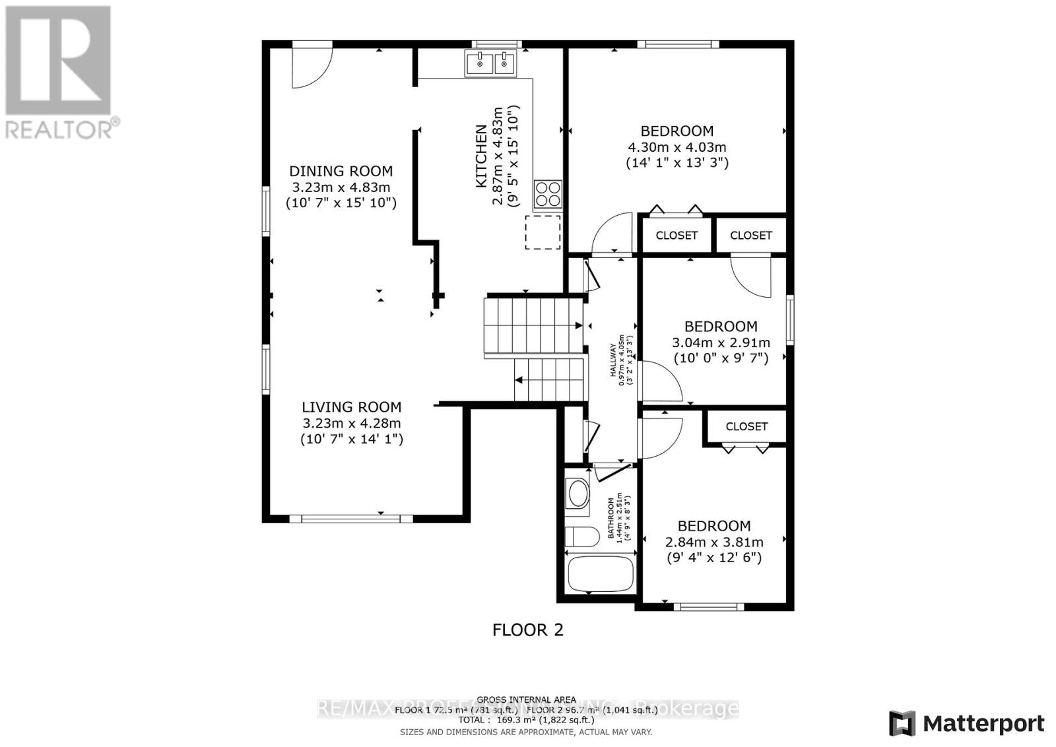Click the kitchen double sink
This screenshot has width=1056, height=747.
pyautogui.click(x=492, y=64)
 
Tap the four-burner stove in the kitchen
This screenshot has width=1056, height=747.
pyautogui.click(x=548, y=194)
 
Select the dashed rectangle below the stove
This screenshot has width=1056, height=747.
pyautogui.click(x=543, y=232)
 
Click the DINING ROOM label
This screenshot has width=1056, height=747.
pyautogui.click(x=341, y=172)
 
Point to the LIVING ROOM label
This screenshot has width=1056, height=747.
pyautogui.click(x=351, y=408)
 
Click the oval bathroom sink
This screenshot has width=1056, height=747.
pyautogui.click(x=579, y=494)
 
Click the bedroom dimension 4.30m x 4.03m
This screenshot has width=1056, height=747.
pyautogui.click(x=676, y=147)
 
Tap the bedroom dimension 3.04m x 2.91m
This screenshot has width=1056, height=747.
pyautogui.click(x=721, y=342)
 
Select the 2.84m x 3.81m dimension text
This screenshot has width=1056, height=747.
pyautogui.click(x=714, y=542)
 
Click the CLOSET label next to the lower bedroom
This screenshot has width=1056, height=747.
pyautogui.click(x=746, y=426)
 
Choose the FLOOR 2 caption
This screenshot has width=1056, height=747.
pyautogui.click(x=528, y=630)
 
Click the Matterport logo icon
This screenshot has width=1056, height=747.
pyautogui.click(x=902, y=723)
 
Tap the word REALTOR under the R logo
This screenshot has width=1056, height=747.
pyautogui.click(x=59, y=129)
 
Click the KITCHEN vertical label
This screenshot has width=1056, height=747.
pyautogui.click(x=482, y=156)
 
